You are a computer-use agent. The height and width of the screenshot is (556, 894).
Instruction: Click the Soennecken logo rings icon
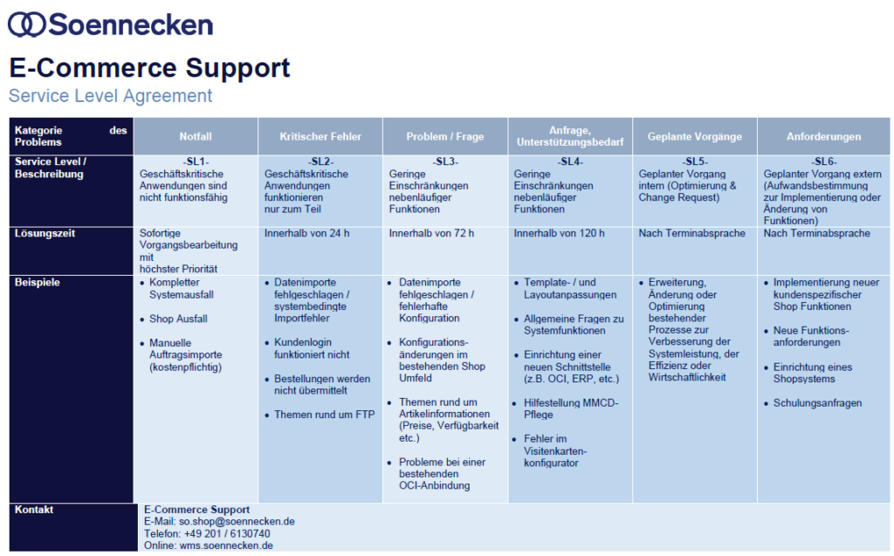click(27, 25)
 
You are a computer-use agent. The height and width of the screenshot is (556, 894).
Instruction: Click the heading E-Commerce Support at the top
click(149, 68)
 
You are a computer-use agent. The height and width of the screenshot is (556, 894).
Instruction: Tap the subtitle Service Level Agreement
click(110, 96)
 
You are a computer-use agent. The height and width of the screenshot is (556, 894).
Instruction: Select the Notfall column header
click(196, 136)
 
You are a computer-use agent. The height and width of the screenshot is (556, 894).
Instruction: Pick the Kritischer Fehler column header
click(320, 136)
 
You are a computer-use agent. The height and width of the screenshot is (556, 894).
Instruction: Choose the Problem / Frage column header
click(445, 136)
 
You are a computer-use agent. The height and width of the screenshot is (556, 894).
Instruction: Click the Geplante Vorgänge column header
click(694, 136)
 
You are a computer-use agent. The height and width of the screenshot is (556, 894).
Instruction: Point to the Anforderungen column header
click(824, 136)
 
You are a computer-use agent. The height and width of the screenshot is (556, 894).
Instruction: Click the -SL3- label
click(445, 162)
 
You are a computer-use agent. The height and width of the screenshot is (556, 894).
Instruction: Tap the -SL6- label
click(824, 162)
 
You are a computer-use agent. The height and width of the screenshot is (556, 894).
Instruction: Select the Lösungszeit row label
click(45, 233)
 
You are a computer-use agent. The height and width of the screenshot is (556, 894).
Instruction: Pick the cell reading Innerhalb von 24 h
click(306, 233)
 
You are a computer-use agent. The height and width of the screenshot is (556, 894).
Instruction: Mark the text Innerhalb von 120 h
click(559, 233)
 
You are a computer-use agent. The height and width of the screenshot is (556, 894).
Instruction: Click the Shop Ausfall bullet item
click(178, 319)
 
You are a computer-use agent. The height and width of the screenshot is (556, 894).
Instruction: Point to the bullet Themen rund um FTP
click(325, 415)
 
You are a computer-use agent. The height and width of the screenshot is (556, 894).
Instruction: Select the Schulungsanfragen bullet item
click(817, 403)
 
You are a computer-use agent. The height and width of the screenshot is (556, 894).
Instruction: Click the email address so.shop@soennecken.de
click(237, 522)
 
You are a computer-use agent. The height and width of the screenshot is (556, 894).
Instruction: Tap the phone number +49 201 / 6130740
click(227, 534)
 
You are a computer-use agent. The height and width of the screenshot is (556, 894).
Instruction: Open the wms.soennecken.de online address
click(226, 546)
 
